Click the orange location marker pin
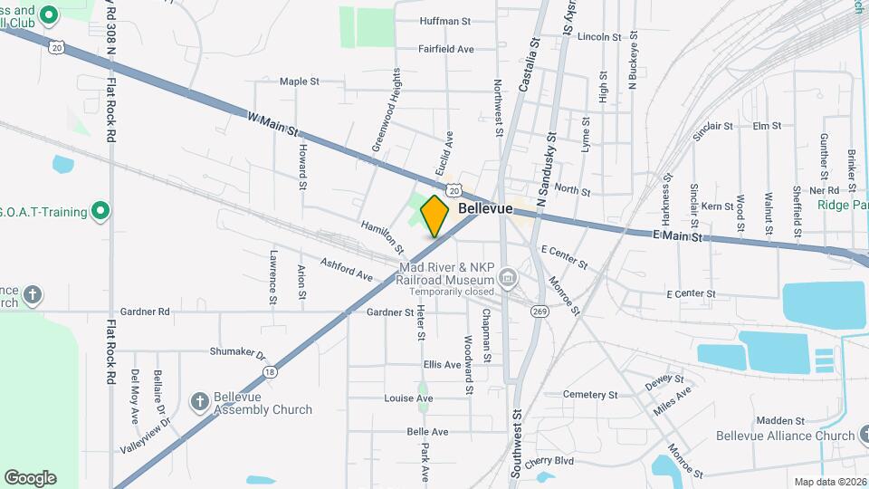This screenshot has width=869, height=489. coord(435,216)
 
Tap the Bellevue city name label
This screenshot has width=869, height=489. coord(485,208)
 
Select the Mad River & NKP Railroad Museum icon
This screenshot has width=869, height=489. coord(507,276)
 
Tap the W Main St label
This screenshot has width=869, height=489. coord(273,125)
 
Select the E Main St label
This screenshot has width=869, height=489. coord(677,236)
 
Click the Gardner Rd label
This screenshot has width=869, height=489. coord(150,312)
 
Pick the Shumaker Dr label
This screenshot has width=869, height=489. coord(237,352)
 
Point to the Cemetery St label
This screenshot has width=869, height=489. coord(589,395)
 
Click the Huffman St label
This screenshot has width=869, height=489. coord(445,20)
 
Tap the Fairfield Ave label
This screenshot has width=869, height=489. coord(446,49)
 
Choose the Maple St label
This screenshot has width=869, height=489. coord(300,81)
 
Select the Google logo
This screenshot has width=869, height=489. coord(30,477)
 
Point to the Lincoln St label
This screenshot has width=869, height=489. coord(598,37)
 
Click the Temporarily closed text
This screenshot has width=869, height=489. coord(451,292)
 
